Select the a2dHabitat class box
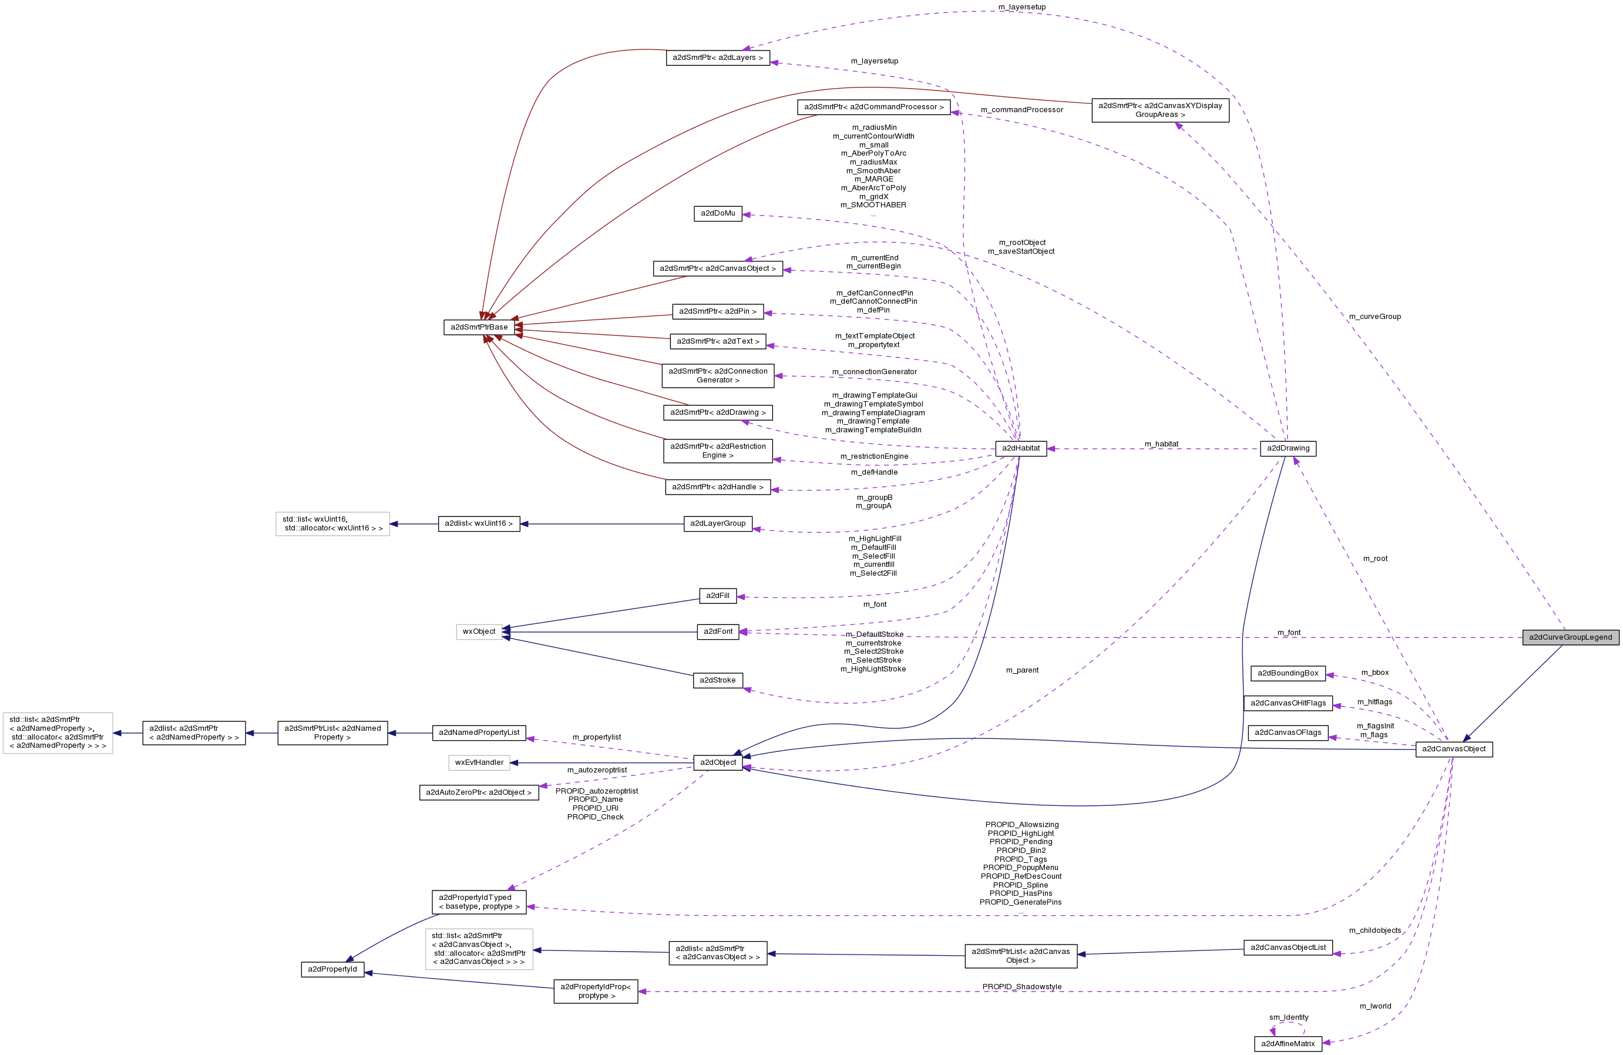[1021, 448]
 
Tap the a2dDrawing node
[1288, 448]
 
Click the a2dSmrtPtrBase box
[479, 327]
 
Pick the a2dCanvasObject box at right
[1453, 749]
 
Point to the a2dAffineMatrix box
[1288, 1043]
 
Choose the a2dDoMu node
[717, 213]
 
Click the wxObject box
[479, 631]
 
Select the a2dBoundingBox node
[1288, 673]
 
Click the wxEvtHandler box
[479, 762]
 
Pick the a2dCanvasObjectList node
[1288, 948]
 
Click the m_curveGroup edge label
[1374, 317]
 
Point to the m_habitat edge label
[1161, 444]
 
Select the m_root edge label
[1375, 559]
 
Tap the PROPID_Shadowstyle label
[1021, 987]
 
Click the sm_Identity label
[1288, 1017]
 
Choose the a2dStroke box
[717, 680]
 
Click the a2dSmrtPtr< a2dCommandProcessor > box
[873, 107]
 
